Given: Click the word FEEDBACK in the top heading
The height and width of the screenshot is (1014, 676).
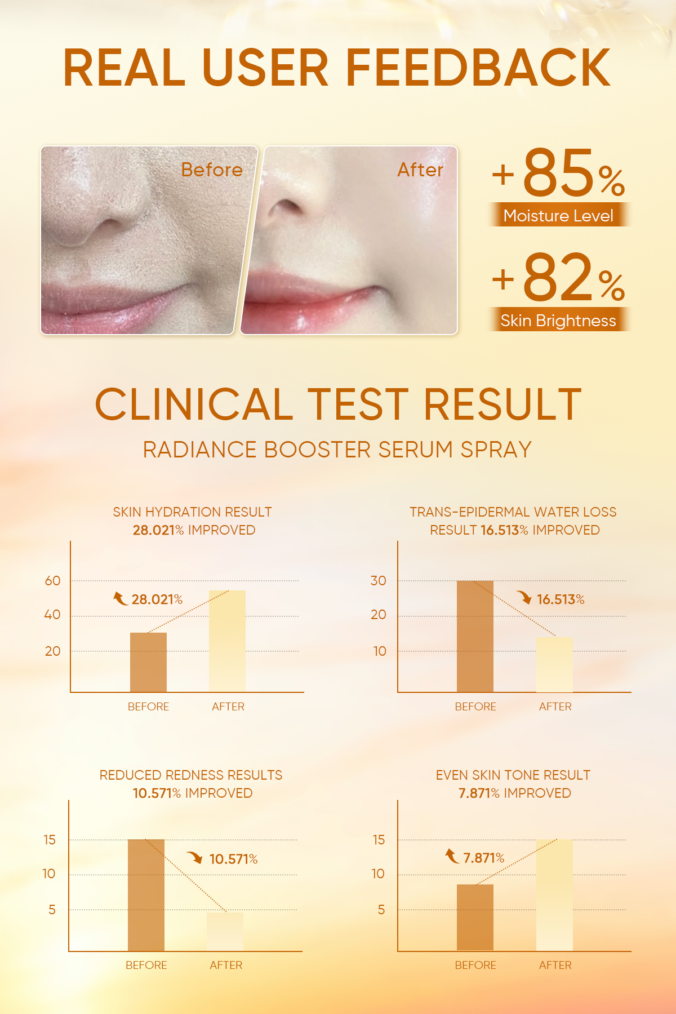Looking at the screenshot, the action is point(478,68).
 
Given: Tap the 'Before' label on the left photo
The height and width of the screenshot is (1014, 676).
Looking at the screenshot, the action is point(212,170).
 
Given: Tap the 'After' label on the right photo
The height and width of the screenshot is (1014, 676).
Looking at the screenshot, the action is point(420,170).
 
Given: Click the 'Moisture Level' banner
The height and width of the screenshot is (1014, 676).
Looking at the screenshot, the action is point(558,215).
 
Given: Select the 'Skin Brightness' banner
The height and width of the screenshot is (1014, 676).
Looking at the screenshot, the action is point(558,320).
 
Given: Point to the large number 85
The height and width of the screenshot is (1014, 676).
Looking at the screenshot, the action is point(558,172).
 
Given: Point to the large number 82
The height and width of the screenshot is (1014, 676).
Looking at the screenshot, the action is point(558,277).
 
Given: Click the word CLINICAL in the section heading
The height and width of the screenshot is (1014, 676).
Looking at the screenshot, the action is point(194,404).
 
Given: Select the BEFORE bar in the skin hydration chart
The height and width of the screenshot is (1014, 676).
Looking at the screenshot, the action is point(148,662).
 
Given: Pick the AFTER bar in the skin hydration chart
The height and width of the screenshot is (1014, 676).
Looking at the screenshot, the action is point(227,641).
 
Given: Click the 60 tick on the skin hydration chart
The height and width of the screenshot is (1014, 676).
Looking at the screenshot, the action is point(52,581).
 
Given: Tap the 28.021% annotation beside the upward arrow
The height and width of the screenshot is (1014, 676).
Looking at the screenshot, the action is point(157,599).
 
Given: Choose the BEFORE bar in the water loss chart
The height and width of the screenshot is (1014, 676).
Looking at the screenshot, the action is point(475,637).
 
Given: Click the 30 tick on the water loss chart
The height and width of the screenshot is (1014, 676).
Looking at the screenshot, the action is point(379,581).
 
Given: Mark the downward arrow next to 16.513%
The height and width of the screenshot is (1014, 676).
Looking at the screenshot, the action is point(524,597).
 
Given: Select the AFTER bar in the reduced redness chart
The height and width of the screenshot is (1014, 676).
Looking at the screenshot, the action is point(225,932).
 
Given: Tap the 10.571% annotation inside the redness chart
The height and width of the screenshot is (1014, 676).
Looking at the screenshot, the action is point(234,859).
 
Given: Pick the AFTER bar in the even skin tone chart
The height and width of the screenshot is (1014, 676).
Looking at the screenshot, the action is point(554,895).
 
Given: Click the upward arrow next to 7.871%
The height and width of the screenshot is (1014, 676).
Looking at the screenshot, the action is point(452,856).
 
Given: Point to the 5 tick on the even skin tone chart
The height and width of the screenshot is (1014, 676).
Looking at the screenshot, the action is point(381,910).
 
